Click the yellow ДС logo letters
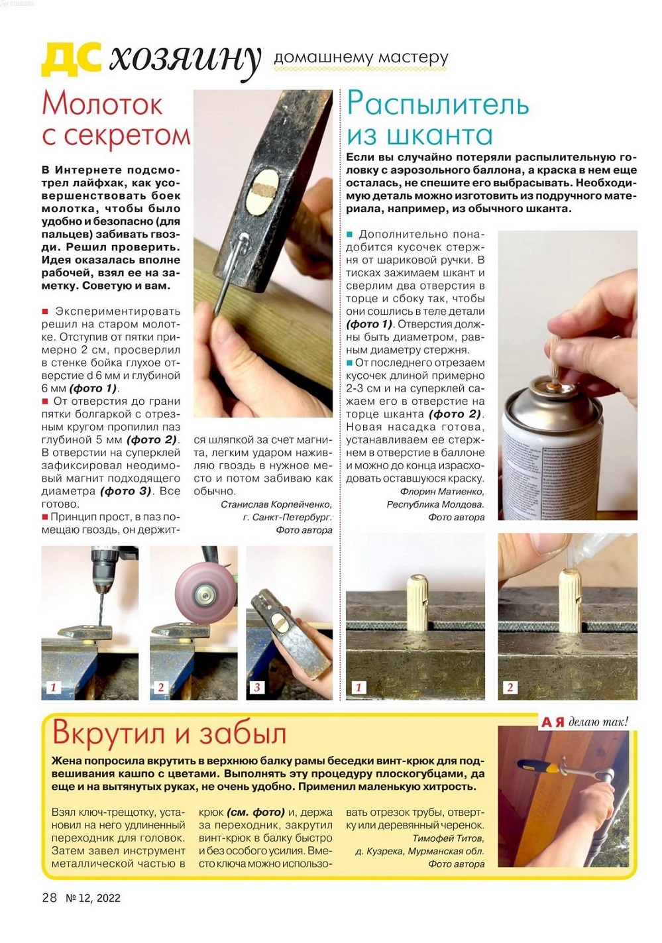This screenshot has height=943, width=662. [72, 59]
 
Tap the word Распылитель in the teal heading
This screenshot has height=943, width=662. [437, 104]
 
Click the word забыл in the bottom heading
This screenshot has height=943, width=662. [243, 734]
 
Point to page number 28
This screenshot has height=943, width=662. [49, 897]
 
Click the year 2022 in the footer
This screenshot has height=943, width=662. [109, 898]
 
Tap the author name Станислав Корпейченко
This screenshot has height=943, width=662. [276, 504]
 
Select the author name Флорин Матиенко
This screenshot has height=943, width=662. [442, 491]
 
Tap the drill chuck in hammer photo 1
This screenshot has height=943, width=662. [101, 572]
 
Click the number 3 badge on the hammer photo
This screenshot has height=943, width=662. [256, 687]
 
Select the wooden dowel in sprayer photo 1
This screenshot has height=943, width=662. [417, 603]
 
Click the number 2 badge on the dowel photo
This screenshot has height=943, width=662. [510, 687]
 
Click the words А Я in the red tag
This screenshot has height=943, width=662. [552, 722]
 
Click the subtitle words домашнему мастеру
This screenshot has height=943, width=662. [360, 57]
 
